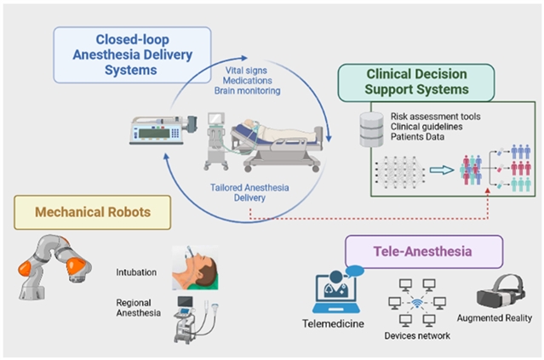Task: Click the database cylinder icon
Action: tap(369, 129)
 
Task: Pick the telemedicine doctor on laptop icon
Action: tap(333, 284)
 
